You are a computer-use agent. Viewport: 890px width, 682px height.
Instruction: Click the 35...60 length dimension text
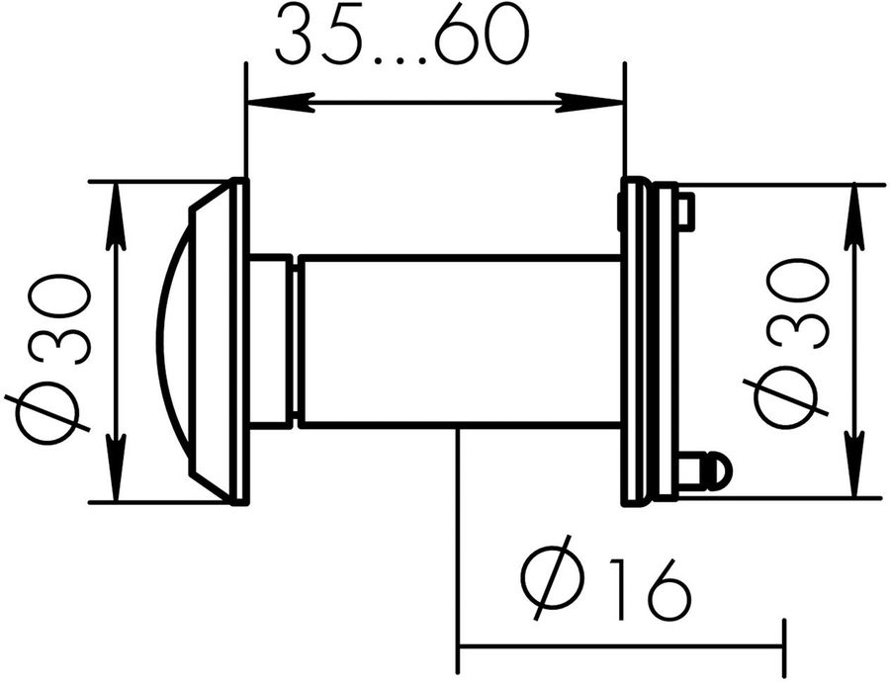(402, 37)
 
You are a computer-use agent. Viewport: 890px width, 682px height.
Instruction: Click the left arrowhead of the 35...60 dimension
(279, 103)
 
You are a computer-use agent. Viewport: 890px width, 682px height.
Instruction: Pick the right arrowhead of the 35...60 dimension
(590, 103)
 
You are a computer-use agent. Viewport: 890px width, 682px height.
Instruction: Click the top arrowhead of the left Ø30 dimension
(116, 215)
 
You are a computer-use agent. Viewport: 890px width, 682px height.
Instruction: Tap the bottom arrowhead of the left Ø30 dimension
(116, 469)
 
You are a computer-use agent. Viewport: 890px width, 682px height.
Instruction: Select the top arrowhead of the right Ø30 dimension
(854, 217)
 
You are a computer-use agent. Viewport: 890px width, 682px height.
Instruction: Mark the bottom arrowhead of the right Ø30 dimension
(854, 465)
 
